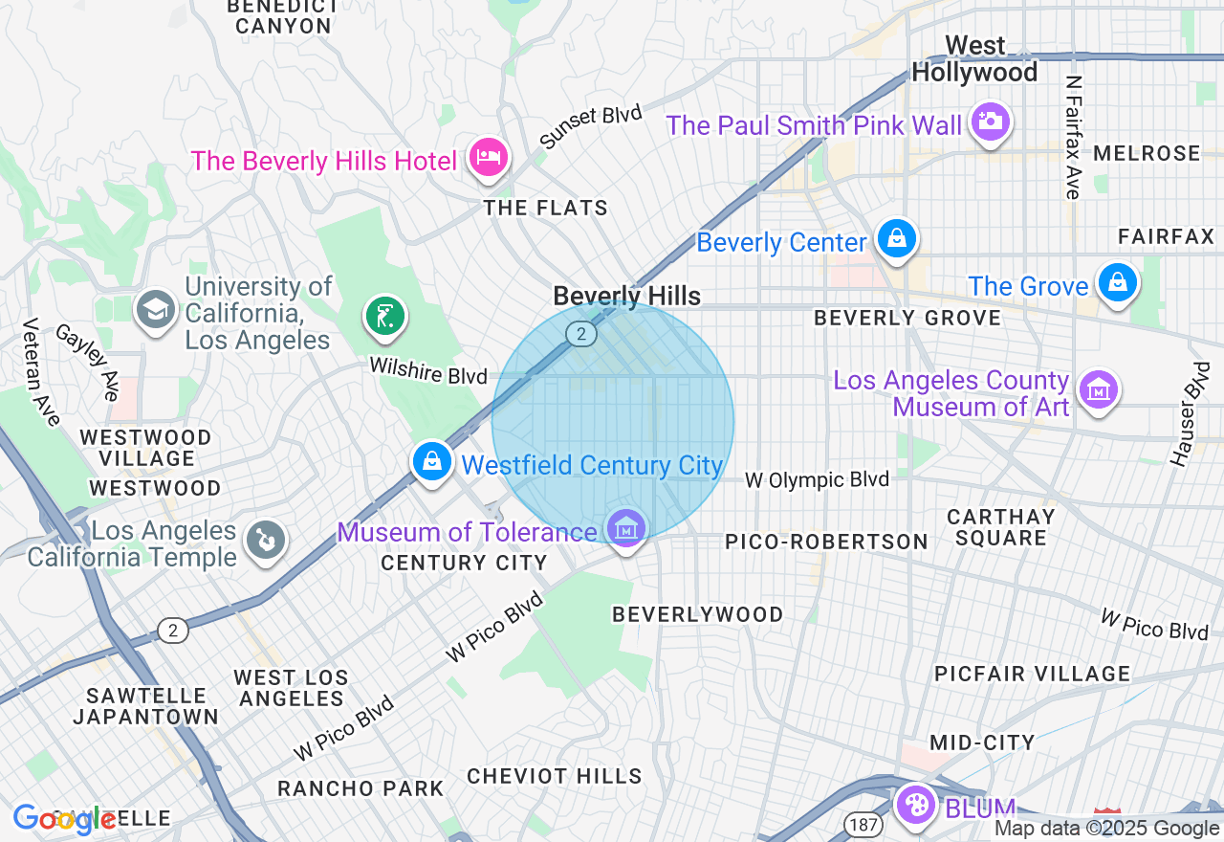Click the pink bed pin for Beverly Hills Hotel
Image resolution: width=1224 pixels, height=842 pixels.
point(488,157)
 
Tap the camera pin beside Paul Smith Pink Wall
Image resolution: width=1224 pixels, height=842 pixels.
point(991,122)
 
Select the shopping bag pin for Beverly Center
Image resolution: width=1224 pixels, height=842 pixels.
point(896,238)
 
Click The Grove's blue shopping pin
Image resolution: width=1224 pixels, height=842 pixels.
point(1116,283)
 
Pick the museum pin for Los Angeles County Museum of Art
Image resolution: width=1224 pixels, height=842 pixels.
point(1099,389)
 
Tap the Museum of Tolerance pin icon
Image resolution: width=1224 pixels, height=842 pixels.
point(625,528)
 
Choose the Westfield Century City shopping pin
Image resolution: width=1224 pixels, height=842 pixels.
point(432,462)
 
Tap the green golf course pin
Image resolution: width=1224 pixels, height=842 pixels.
point(384,315)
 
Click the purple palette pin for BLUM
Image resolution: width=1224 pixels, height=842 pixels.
point(916,804)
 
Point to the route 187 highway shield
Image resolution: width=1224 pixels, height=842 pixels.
point(858,823)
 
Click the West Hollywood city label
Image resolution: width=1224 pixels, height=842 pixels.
point(974,59)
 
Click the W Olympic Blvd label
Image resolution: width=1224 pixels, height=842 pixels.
point(817,480)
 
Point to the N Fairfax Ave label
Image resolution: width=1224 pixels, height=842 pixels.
point(1074,138)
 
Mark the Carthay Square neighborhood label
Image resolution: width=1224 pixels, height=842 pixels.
point(1001,527)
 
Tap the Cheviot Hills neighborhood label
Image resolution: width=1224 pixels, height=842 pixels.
point(555,776)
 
